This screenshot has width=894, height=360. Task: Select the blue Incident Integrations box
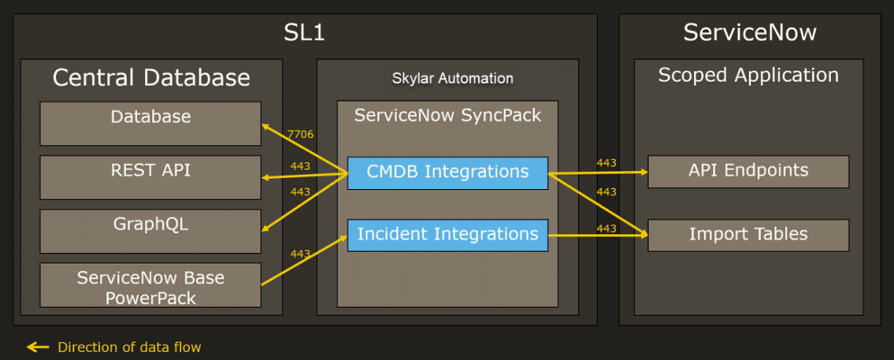(x=447, y=235)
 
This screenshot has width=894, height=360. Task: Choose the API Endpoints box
(x=748, y=171)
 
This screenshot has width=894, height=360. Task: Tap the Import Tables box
(x=748, y=235)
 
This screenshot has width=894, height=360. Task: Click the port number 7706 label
(x=300, y=134)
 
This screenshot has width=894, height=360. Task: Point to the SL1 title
(x=303, y=33)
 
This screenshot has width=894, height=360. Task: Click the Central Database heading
(x=151, y=78)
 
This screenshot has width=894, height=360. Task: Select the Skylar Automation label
(x=453, y=78)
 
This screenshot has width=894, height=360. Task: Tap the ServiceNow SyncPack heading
(x=447, y=116)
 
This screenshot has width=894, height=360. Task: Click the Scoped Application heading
(x=748, y=76)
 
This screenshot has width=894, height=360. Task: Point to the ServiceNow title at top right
(x=749, y=33)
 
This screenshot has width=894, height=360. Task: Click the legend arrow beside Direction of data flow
(x=37, y=346)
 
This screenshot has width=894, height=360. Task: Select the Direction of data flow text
(x=129, y=346)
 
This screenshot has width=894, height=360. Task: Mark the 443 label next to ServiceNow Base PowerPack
(x=300, y=254)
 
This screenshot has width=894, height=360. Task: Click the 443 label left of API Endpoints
(x=606, y=163)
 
